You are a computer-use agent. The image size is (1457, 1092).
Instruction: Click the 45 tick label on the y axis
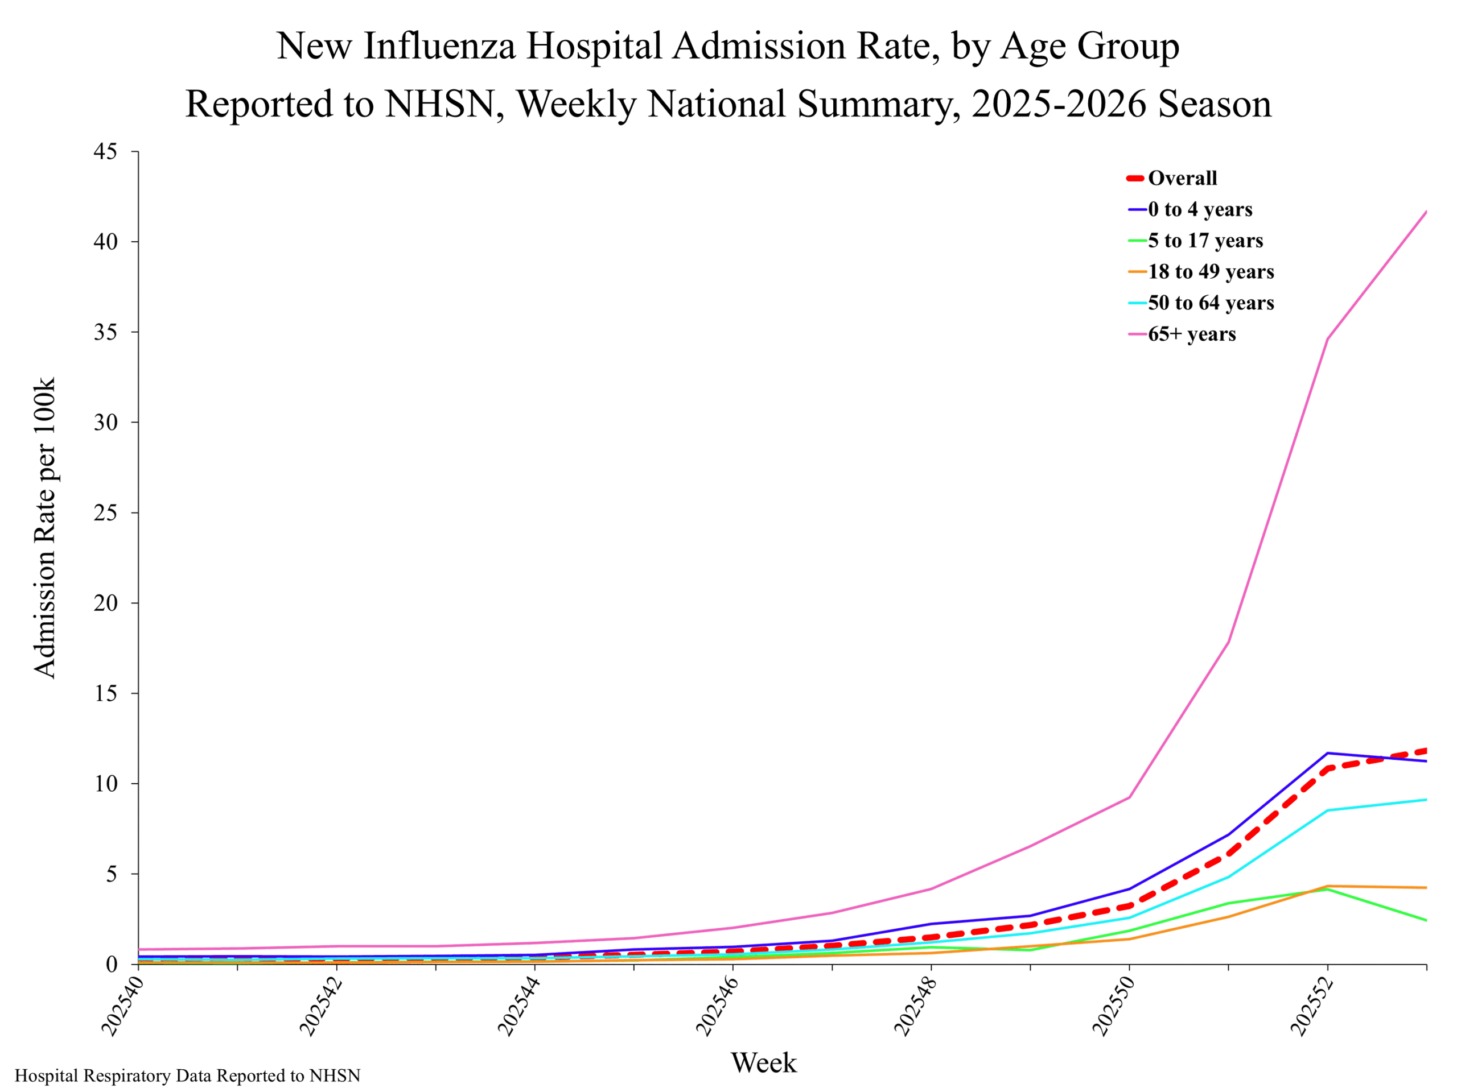tap(105, 152)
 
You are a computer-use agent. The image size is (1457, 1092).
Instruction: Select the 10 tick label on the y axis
tap(105, 783)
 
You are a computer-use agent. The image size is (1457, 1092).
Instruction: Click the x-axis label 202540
tap(121, 1007)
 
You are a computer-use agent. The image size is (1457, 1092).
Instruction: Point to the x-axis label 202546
tap(716, 1007)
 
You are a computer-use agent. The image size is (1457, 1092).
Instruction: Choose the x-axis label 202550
tap(1113, 1007)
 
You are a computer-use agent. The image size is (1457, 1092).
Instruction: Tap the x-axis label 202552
tap(1311, 1007)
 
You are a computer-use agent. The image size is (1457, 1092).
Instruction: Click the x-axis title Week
tap(763, 1062)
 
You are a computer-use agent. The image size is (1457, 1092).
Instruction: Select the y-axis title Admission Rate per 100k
tap(45, 528)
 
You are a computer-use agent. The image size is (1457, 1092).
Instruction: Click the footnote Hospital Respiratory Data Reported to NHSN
tap(188, 1076)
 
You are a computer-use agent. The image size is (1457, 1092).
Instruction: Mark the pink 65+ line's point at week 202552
tap(1327, 339)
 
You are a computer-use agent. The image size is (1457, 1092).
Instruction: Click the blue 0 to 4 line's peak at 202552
tap(1327, 753)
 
